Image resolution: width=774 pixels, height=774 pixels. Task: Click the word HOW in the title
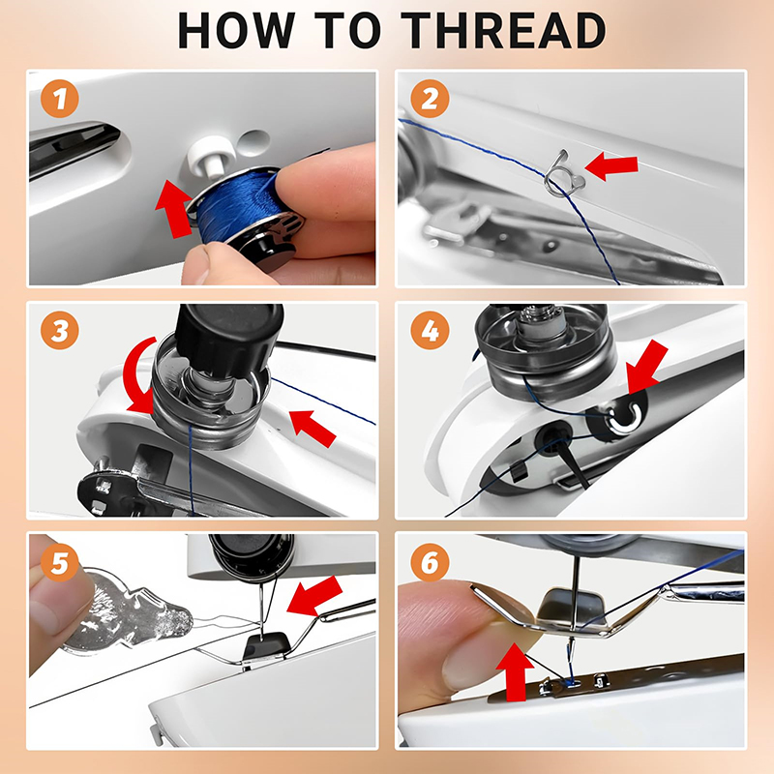coord(236,31)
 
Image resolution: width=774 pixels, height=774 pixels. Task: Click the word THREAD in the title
coord(503,31)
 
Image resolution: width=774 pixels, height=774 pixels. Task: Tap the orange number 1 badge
coord(60,99)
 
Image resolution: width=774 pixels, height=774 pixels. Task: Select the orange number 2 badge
coord(430,99)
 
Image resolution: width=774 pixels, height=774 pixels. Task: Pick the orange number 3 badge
coord(60,331)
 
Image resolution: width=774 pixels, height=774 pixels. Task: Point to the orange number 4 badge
coord(430,331)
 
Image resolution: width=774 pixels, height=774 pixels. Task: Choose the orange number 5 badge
coord(60,562)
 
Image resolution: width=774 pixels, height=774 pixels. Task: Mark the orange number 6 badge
coord(430,562)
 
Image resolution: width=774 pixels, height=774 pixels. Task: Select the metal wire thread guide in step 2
coord(563,174)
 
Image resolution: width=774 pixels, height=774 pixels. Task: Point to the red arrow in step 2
coord(611,165)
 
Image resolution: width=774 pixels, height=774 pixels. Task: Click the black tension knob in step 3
coord(229,336)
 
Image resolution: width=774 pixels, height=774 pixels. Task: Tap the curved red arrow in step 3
coord(136,377)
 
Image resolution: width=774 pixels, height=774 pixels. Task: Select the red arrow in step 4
coord(647,367)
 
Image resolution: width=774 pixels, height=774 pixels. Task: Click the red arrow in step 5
coord(315,596)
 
